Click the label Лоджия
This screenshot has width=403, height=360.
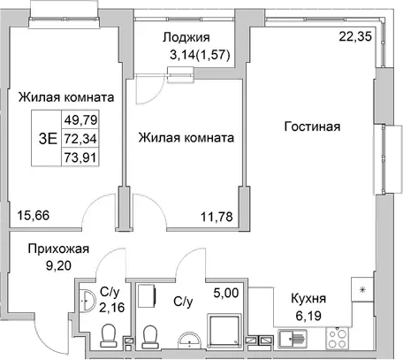click(186, 37)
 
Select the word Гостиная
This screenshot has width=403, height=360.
click(312, 126)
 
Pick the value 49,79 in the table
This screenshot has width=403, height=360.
click(78, 119)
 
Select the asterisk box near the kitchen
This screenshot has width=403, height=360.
click(361, 289)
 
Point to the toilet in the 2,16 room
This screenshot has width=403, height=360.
click(109, 336)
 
